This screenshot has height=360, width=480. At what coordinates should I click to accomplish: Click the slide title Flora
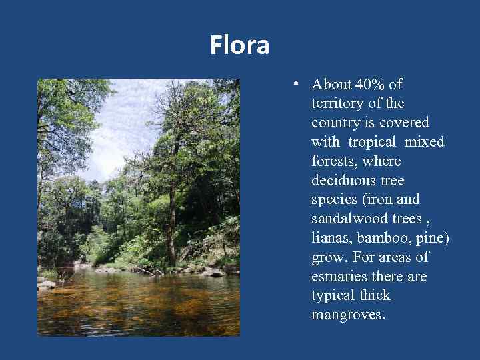[x=239, y=46]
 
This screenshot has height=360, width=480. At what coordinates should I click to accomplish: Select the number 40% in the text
[x=371, y=85]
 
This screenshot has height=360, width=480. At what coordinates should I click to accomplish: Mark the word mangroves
[x=347, y=315]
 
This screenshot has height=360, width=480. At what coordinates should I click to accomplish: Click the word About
[x=331, y=85]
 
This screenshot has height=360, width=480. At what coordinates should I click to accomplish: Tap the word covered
[x=404, y=123]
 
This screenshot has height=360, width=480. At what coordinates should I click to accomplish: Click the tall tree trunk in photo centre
[x=171, y=220]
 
